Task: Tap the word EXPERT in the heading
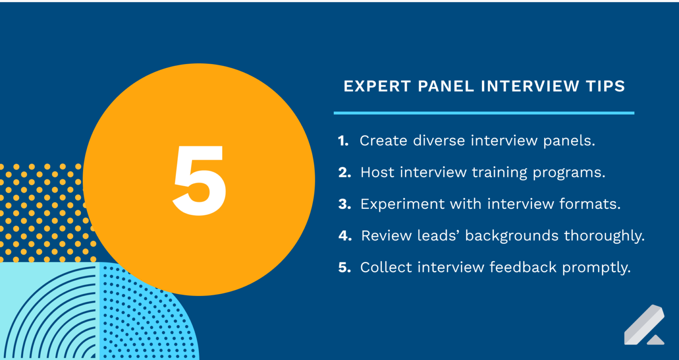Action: click(377, 86)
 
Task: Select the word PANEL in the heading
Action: click(446, 86)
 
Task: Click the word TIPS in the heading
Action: click(605, 86)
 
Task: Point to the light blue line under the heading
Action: click(484, 113)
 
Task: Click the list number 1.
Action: click(343, 141)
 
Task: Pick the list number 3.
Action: click(344, 204)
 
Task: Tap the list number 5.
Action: click(344, 268)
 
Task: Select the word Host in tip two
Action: click(377, 172)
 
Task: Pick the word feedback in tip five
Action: click(523, 267)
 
